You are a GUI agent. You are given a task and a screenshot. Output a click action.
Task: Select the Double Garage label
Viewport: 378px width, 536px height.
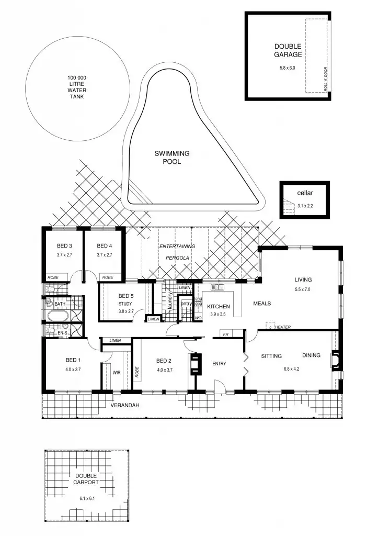[x=288, y=50]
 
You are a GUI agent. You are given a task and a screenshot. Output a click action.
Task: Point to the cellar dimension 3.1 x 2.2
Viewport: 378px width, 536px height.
[x=305, y=206]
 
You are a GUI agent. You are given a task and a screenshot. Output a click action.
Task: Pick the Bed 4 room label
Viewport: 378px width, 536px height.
[x=104, y=246]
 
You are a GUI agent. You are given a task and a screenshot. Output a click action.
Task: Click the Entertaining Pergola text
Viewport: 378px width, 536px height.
[x=177, y=252]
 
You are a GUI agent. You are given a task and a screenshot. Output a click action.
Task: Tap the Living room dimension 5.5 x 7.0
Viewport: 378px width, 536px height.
[x=303, y=289]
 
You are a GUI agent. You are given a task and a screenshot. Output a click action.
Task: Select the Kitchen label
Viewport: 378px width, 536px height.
[x=218, y=307]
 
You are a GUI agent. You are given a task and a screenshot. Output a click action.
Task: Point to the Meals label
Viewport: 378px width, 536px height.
[x=262, y=304]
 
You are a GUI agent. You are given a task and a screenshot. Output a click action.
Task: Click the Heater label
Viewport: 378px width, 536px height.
[x=283, y=327]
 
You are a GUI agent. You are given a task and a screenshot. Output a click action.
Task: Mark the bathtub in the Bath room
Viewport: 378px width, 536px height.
[x=58, y=316]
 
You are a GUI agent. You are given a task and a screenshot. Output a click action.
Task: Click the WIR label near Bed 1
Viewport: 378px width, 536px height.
[x=117, y=373]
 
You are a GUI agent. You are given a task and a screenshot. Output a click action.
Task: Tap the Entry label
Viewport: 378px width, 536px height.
[x=219, y=363]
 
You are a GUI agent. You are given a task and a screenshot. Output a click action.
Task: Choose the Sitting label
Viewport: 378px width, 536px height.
[x=271, y=356]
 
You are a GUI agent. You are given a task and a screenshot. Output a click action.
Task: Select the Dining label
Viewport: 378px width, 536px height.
[x=312, y=356]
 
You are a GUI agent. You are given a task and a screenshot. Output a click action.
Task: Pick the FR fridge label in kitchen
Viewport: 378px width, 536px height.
[x=226, y=334]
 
